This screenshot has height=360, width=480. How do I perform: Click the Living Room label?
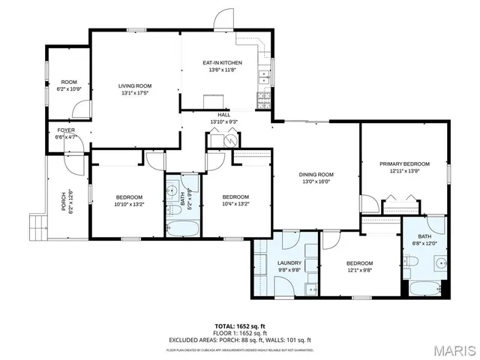134,86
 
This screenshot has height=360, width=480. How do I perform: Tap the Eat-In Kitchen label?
222,63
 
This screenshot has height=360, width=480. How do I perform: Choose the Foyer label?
66,130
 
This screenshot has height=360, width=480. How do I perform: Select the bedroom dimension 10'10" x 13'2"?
128,204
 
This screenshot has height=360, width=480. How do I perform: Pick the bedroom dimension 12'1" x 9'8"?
359,271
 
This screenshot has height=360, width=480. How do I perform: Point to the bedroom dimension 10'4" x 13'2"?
235,204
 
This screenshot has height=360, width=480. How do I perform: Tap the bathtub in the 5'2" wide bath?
182,228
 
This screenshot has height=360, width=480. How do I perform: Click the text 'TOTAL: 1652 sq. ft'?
239,326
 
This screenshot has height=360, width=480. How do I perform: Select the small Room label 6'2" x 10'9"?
70,85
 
